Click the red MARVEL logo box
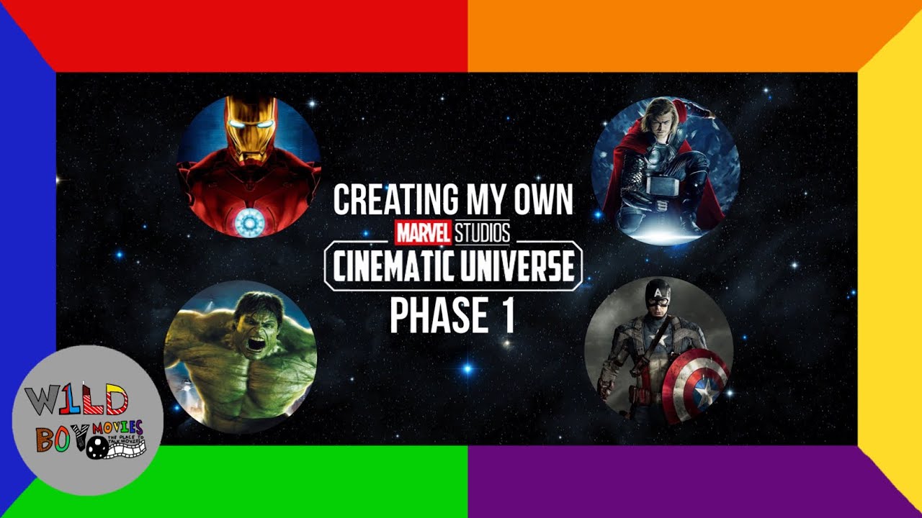(x=423, y=232)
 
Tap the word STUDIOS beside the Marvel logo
(x=481, y=232)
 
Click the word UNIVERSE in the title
(x=516, y=267)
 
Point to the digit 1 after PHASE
(x=508, y=317)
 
